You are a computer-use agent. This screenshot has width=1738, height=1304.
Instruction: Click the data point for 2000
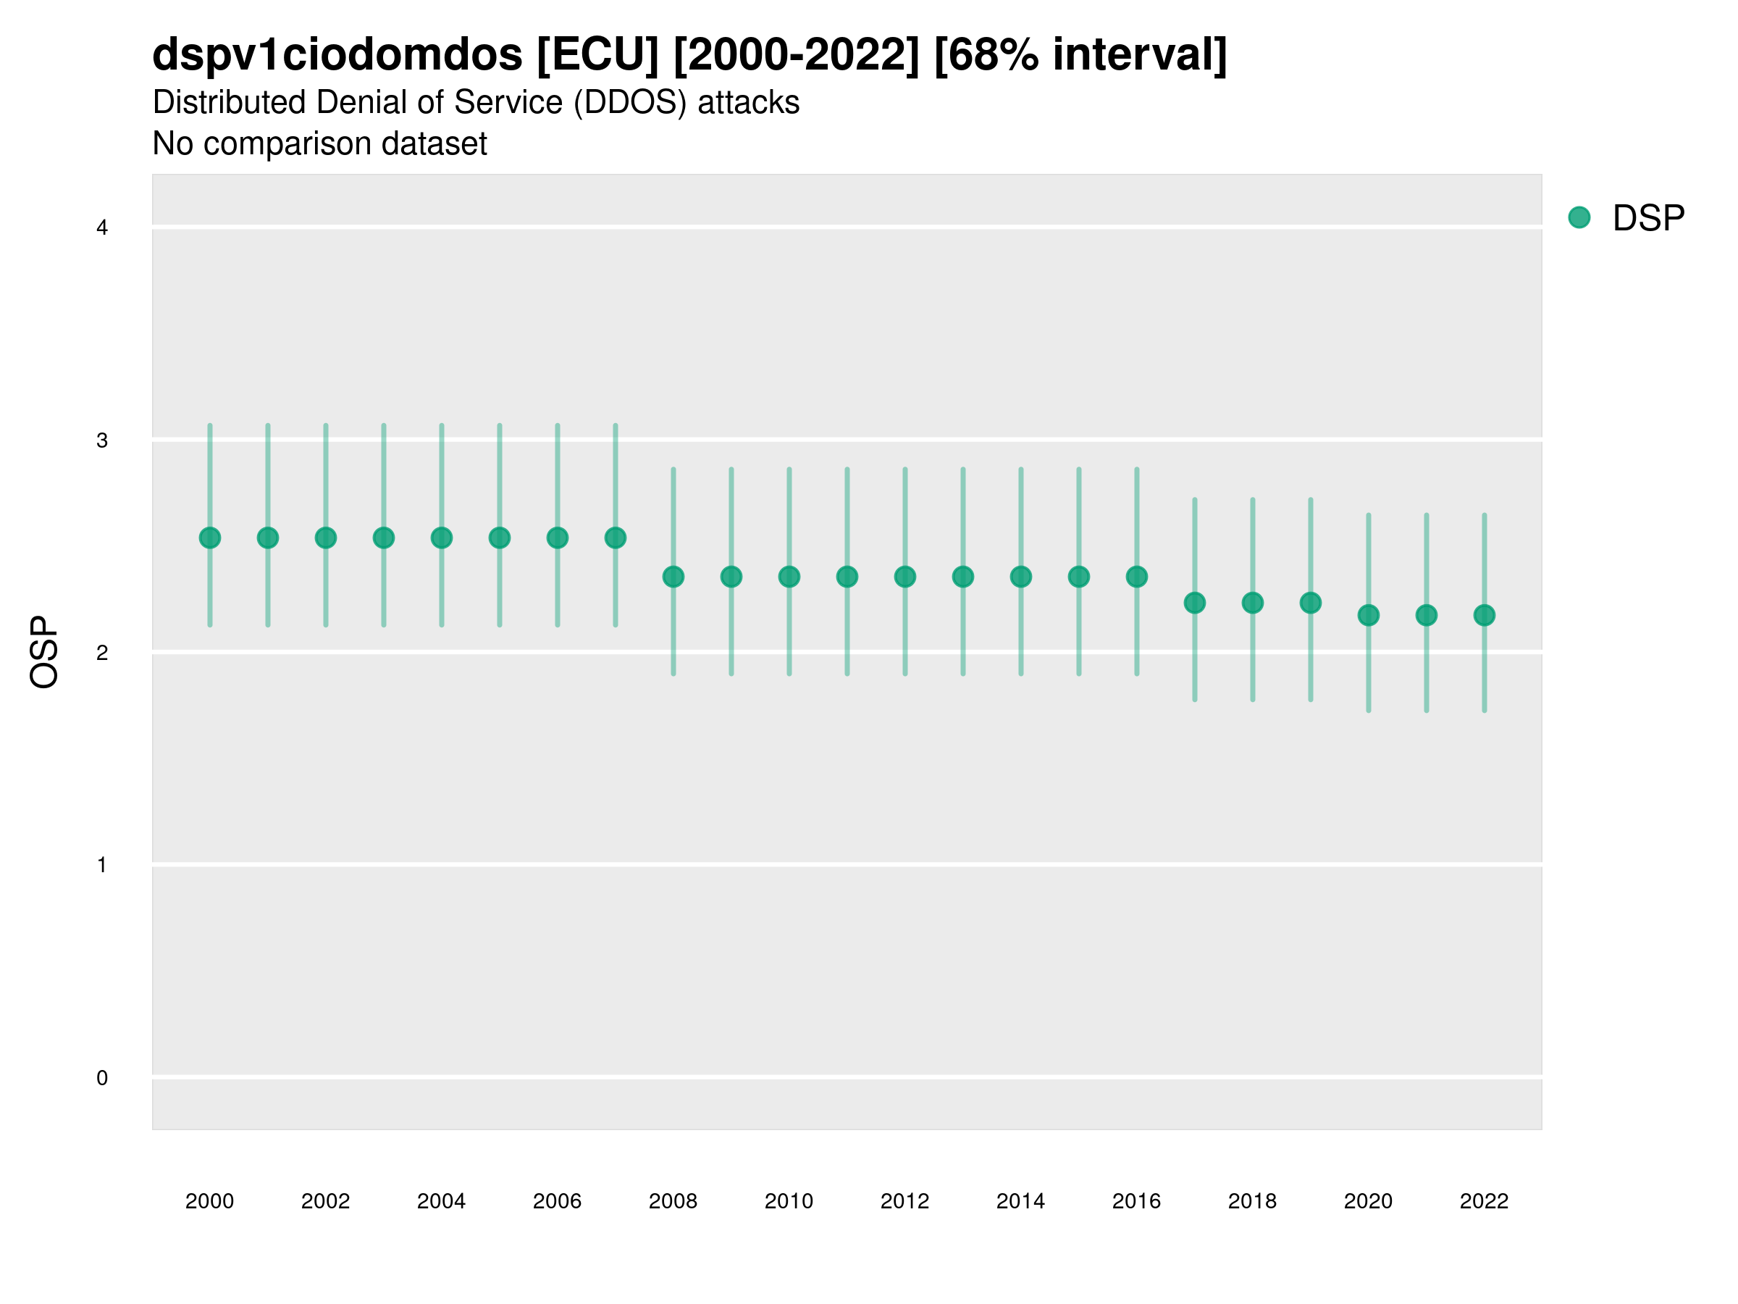click(210, 538)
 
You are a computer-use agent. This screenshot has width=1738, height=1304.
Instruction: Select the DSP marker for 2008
click(673, 577)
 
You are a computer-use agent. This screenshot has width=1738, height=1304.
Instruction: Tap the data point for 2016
click(1137, 577)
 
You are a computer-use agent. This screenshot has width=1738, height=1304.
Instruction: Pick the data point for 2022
click(1485, 616)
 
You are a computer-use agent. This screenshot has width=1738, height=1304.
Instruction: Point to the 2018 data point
click(1252, 603)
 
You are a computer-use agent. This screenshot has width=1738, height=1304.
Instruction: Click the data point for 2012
click(905, 577)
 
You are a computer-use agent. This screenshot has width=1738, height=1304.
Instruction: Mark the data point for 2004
click(442, 538)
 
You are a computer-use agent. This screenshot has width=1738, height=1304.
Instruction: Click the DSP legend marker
click(1579, 218)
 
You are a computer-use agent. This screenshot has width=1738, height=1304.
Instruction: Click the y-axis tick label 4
click(102, 228)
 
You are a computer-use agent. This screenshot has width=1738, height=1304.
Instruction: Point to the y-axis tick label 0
click(102, 1078)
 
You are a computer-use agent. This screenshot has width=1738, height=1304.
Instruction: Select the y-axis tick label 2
click(102, 653)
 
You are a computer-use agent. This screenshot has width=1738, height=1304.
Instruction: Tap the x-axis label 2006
click(557, 1201)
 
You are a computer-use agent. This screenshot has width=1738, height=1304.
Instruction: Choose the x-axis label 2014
click(1020, 1201)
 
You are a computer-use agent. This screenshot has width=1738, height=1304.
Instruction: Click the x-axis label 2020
click(1368, 1201)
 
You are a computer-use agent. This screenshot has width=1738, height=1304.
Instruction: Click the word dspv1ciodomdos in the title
click(337, 55)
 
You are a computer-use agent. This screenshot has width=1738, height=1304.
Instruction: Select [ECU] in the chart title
click(598, 55)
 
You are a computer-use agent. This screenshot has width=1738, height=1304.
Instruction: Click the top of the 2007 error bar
click(616, 425)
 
